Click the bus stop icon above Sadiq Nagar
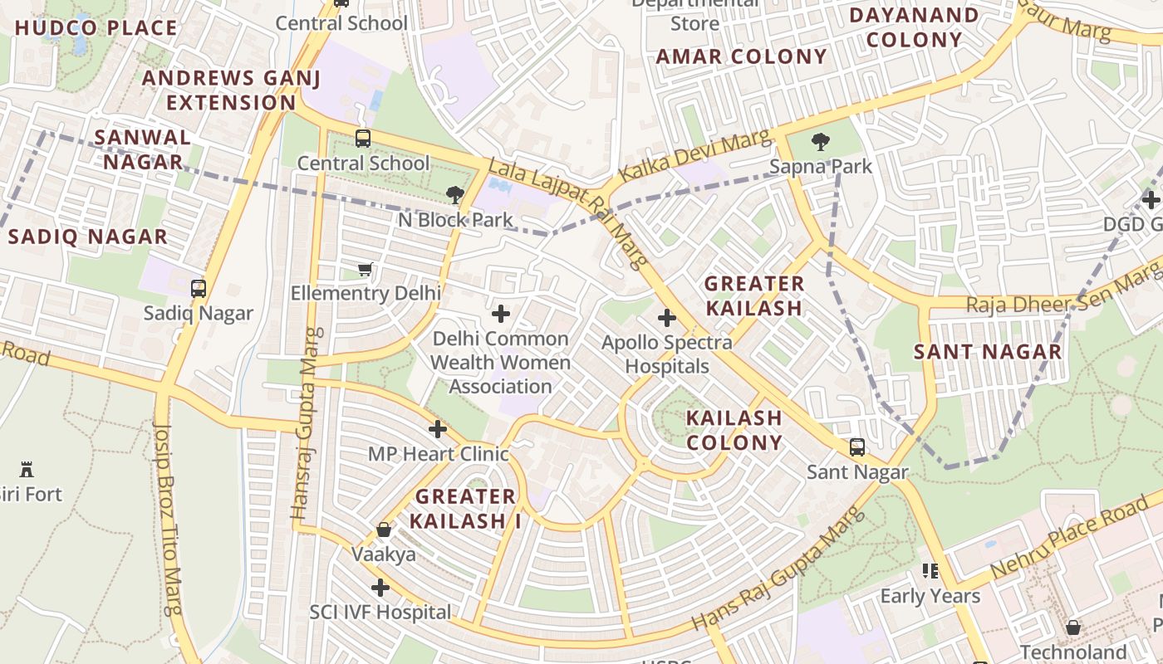(x=198, y=289)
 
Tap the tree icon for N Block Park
(x=454, y=195)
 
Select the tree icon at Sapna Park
(x=820, y=141)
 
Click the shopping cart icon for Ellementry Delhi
(x=364, y=268)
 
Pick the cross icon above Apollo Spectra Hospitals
(x=666, y=317)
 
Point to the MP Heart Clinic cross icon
(x=437, y=429)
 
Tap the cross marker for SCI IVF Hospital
(x=380, y=588)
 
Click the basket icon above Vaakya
(x=383, y=530)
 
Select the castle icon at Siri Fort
(x=27, y=470)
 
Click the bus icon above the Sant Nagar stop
(x=856, y=447)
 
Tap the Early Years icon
(x=930, y=571)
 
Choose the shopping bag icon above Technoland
(x=1072, y=627)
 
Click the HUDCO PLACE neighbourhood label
(x=96, y=28)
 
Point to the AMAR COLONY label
(x=741, y=56)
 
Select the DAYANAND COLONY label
(x=914, y=27)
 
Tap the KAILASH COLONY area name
(x=734, y=430)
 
